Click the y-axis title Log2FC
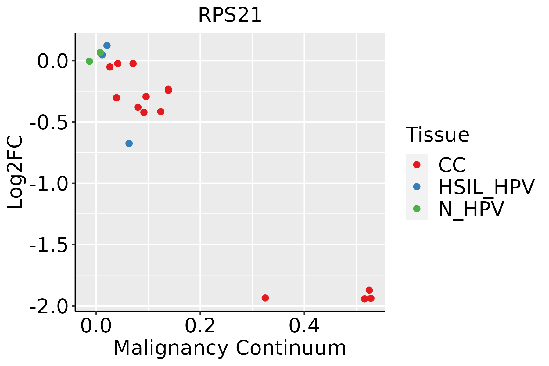15,172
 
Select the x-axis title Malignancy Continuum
230,348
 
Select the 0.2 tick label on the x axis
200,326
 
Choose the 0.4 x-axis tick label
304,326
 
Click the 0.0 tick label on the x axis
96,326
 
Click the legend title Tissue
437,135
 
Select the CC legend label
452,165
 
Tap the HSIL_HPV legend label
486,187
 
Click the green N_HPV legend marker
417,209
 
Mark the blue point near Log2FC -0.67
129,143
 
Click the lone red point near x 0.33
265,298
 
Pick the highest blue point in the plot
107,45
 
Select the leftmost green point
89,61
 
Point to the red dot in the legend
417,165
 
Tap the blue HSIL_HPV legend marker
417,187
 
